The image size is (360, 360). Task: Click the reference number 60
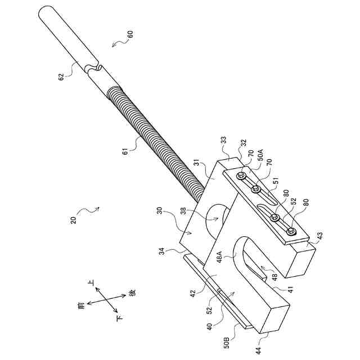[x=129, y=34]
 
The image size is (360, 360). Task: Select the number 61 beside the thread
[x=126, y=150]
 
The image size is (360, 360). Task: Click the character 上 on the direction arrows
[x=90, y=281]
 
